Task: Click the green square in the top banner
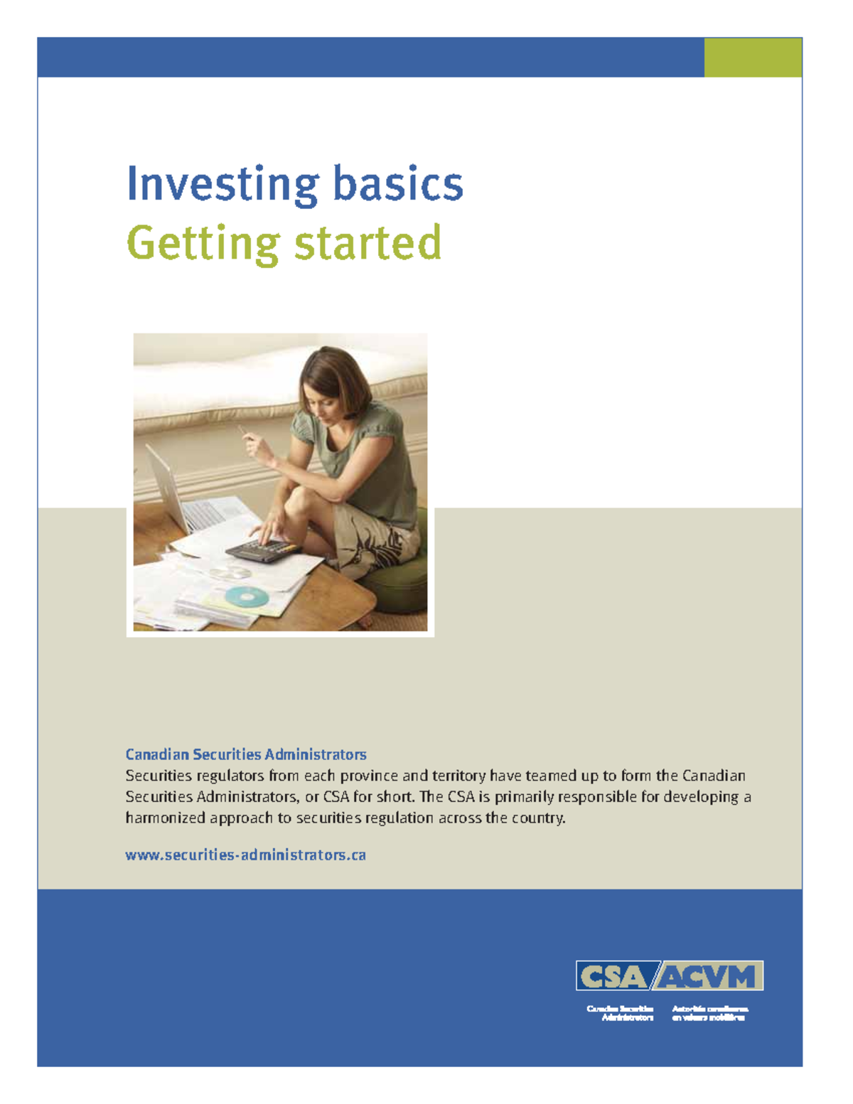753,57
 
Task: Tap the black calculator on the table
262,550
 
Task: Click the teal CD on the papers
247,596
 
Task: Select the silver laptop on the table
178,498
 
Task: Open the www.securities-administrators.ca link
245,855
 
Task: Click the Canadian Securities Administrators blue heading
246,754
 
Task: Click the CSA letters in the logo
612,977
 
